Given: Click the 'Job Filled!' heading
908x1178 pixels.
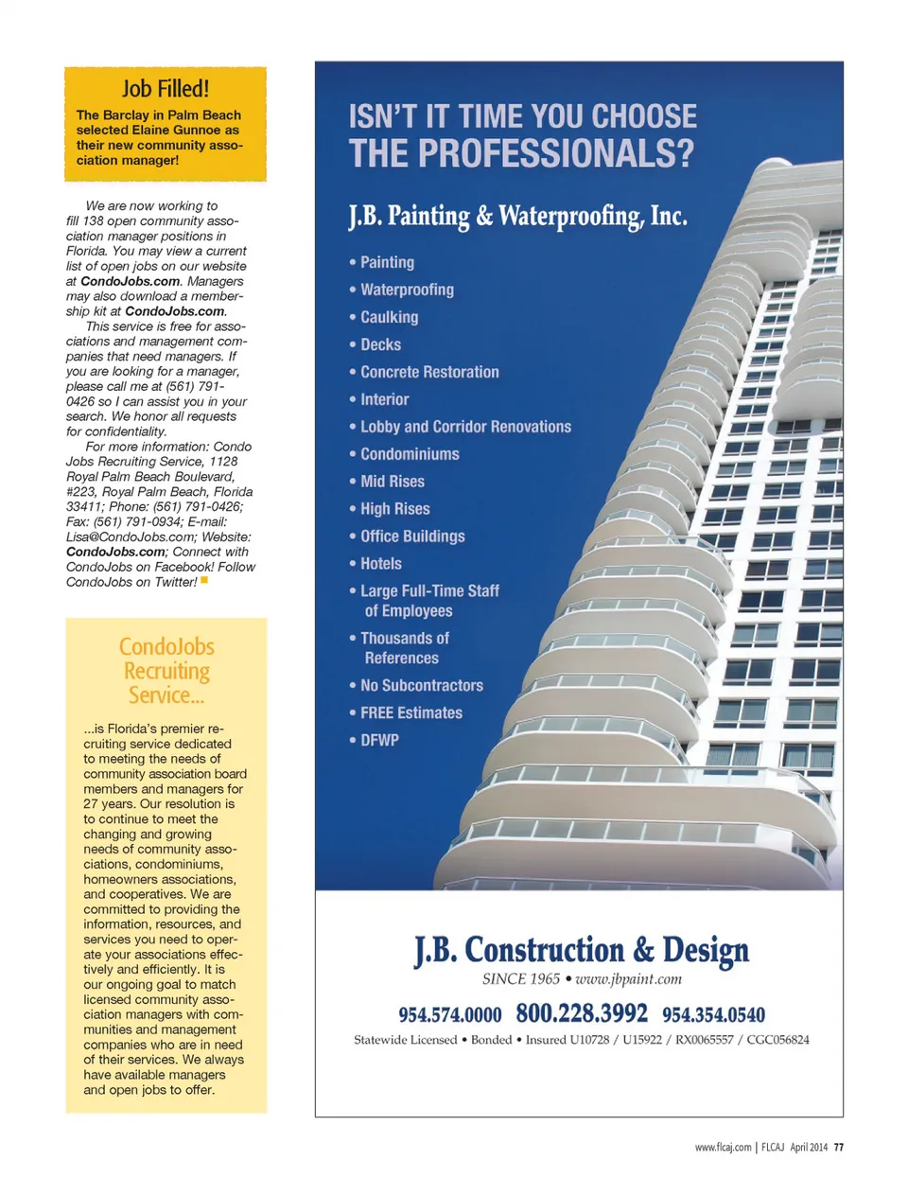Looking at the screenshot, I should point(166,89).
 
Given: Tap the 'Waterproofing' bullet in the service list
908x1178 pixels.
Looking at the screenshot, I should point(407,290).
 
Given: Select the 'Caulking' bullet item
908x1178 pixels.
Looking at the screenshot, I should point(389,317).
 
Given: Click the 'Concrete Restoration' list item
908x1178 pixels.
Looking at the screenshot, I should point(429,372).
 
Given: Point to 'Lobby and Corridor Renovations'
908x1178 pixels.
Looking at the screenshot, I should point(465,427).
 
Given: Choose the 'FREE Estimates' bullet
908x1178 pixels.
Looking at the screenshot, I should point(411,712).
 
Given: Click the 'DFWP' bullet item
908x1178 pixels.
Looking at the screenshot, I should point(379,740).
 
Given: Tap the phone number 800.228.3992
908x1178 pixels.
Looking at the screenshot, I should point(582,1013).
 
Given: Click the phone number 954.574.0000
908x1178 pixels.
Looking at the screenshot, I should point(449,1015).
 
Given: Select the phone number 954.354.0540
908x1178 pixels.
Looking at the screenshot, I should point(713,1015).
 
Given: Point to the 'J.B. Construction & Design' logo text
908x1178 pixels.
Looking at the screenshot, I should point(581,949).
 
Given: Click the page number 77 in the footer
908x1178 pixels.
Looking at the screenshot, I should point(839,1147).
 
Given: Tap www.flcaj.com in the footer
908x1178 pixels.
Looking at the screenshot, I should point(723,1147).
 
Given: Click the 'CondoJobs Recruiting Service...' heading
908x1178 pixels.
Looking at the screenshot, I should point(166,671).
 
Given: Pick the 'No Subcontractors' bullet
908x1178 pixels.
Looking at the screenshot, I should point(421,685).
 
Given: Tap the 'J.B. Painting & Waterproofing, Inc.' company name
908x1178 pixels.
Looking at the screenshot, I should point(517,217).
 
